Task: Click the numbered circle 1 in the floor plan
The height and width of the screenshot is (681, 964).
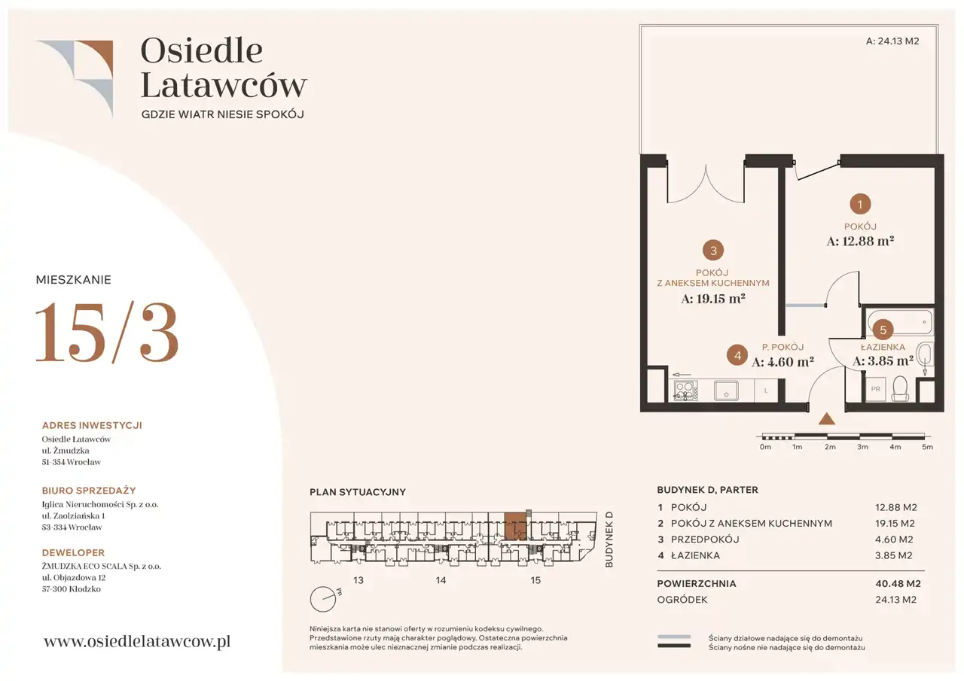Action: tap(860, 204)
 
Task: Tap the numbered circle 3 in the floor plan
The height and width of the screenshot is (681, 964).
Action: tap(713, 251)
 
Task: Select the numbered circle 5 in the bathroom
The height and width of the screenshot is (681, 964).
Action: tap(883, 330)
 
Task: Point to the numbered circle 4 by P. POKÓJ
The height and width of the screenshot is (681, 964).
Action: tap(737, 355)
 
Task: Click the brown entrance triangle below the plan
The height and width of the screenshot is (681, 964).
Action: tap(826, 419)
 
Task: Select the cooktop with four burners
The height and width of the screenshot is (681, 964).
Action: tap(685, 391)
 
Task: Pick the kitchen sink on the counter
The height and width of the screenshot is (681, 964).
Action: tap(726, 391)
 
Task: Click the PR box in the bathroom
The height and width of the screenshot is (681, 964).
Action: tap(875, 389)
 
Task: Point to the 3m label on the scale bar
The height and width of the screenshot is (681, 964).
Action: tap(862, 447)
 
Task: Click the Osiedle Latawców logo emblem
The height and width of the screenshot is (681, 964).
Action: tap(75, 78)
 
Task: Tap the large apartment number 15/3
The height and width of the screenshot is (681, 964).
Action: tap(107, 332)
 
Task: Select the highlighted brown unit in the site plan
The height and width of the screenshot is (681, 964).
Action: tap(515, 526)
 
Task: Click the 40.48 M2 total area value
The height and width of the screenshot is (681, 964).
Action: tap(898, 583)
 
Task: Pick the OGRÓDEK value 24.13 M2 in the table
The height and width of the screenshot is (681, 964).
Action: tap(895, 599)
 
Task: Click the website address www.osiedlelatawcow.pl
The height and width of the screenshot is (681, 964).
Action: tap(137, 641)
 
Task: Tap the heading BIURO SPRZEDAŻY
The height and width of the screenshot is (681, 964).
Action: tap(89, 491)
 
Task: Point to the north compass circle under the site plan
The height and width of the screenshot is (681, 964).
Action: tap(323, 599)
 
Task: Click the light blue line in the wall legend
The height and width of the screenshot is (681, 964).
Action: tap(674, 637)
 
